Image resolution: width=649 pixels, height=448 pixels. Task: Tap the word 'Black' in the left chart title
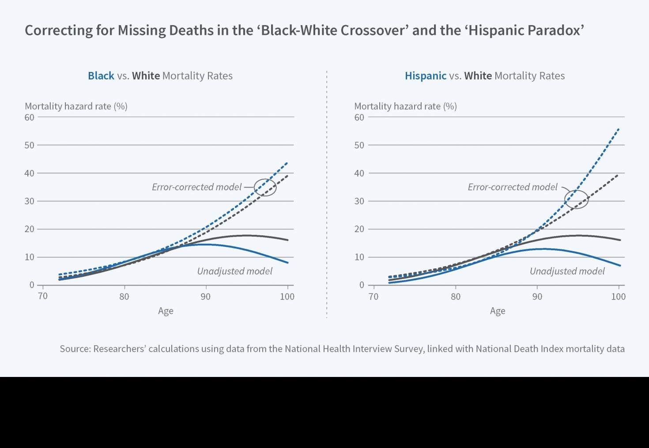click(101, 76)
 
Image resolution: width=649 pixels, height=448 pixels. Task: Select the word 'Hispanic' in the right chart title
click(426, 76)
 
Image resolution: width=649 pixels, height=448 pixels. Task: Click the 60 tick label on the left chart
click(29, 117)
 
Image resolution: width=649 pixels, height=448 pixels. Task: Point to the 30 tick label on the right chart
click(359, 201)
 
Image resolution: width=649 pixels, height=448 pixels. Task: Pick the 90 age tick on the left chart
click(206, 297)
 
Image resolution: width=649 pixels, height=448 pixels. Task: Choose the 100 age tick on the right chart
click(618, 297)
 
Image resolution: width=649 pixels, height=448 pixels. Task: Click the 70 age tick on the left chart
click(43, 296)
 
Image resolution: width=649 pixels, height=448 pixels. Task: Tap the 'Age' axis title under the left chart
click(166, 311)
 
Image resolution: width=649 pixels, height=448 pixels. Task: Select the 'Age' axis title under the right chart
click(498, 311)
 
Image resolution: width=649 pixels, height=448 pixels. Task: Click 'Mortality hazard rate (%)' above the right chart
click(405, 106)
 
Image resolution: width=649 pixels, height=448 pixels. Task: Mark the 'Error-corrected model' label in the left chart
click(197, 187)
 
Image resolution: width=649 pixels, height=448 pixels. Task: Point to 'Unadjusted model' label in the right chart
click(567, 271)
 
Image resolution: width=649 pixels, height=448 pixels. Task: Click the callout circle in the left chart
click(265, 188)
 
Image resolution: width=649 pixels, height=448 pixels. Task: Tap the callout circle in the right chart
click(576, 200)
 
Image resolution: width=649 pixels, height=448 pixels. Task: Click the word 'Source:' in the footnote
click(75, 349)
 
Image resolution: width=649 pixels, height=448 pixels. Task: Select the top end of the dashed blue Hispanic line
click(619, 129)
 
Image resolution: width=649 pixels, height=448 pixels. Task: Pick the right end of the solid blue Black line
click(288, 263)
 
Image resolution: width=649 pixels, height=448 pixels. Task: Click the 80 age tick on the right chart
click(456, 297)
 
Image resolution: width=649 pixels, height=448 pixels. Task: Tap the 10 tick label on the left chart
click(29, 257)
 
